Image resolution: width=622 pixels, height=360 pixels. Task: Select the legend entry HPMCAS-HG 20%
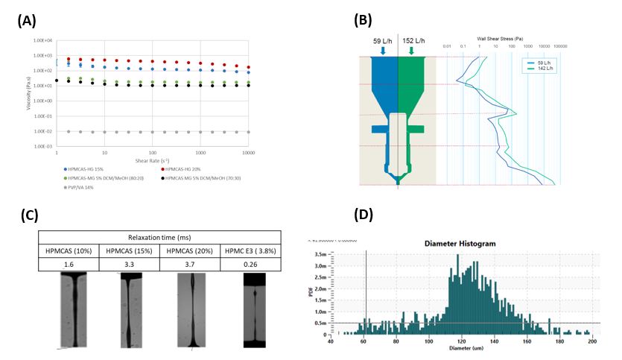187,168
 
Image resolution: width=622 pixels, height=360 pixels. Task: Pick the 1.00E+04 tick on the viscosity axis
42,40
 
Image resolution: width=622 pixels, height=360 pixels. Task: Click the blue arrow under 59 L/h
383,51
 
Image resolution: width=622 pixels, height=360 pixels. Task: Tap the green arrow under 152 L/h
412,51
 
